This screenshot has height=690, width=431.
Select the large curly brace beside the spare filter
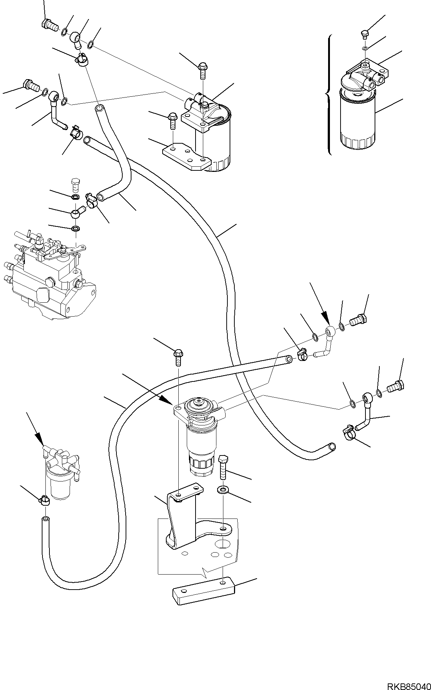coord(328,95)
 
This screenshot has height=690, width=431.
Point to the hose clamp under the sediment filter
coord(44,499)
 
